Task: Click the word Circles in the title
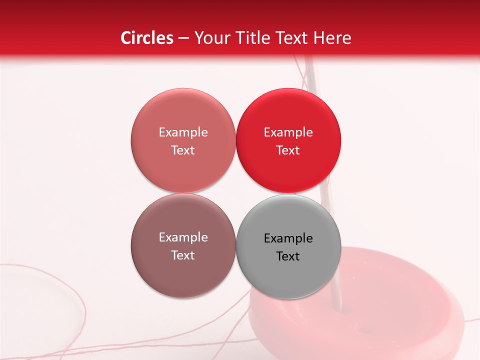click(x=146, y=38)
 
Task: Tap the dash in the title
click(x=183, y=38)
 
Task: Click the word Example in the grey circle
click(x=288, y=238)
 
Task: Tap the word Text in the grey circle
click(x=288, y=256)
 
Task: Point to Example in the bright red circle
click(x=288, y=132)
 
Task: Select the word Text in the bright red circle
click(x=288, y=150)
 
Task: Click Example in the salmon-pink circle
click(x=183, y=132)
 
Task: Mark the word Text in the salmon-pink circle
click(x=183, y=150)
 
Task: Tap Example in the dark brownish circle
click(x=183, y=237)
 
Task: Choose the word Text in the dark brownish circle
click(x=183, y=255)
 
